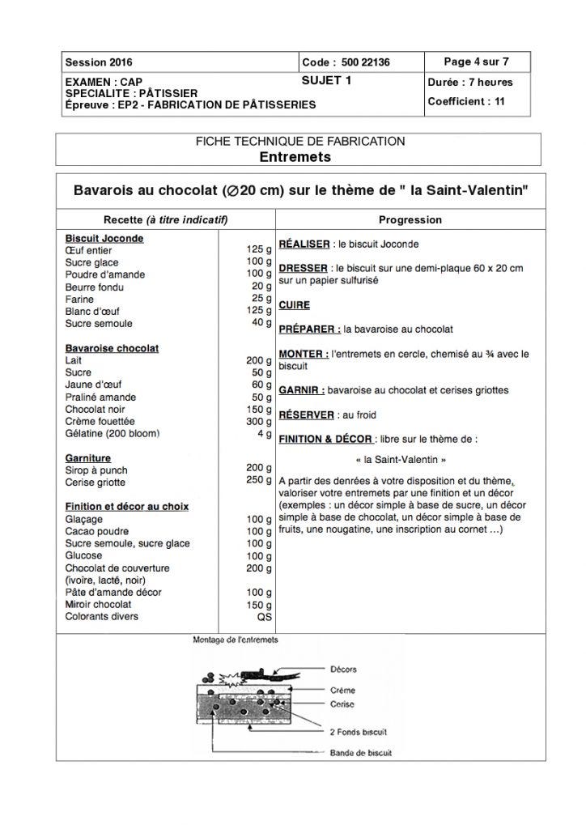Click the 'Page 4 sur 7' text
tap(477, 62)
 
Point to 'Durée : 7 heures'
tap(471, 83)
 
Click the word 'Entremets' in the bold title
tap(295, 155)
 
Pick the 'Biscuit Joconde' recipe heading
tap(104, 239)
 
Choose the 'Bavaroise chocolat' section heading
tap(112, 348)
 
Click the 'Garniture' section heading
tap(88, 458)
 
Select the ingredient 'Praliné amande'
tap(100, 397)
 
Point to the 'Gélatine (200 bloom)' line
tap(113, 434)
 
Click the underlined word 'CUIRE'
tap(294, 305)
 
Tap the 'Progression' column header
tap(410, 220)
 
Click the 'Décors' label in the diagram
tap(343, 670)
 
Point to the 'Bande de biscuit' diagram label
tap(360, 753)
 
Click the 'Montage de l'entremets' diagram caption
tap(235, 640)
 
